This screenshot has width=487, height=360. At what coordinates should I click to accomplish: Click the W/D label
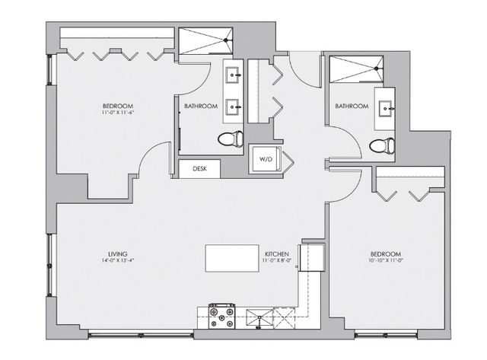point(266,160)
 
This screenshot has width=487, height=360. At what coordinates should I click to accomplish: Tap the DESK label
point(199,169)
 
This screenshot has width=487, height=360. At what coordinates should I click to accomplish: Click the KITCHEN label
point(275,253)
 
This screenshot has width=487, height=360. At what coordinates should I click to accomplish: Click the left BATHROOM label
point(201,106)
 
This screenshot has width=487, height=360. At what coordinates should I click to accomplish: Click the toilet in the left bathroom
point(229,139)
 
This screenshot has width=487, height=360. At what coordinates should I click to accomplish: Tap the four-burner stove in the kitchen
point(221,316)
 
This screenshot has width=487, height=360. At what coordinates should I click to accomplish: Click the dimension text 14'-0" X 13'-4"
point(117,261)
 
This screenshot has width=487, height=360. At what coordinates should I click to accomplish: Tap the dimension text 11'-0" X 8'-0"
point(275,261)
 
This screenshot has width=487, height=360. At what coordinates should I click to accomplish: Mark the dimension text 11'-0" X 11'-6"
point(118,113)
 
